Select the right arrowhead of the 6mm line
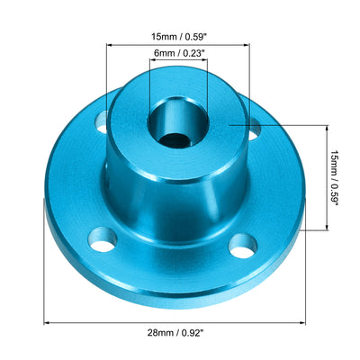click(x=205, y=65)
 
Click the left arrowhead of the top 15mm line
click(x=111, y=46)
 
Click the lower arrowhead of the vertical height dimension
click(x=322, y=229)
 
